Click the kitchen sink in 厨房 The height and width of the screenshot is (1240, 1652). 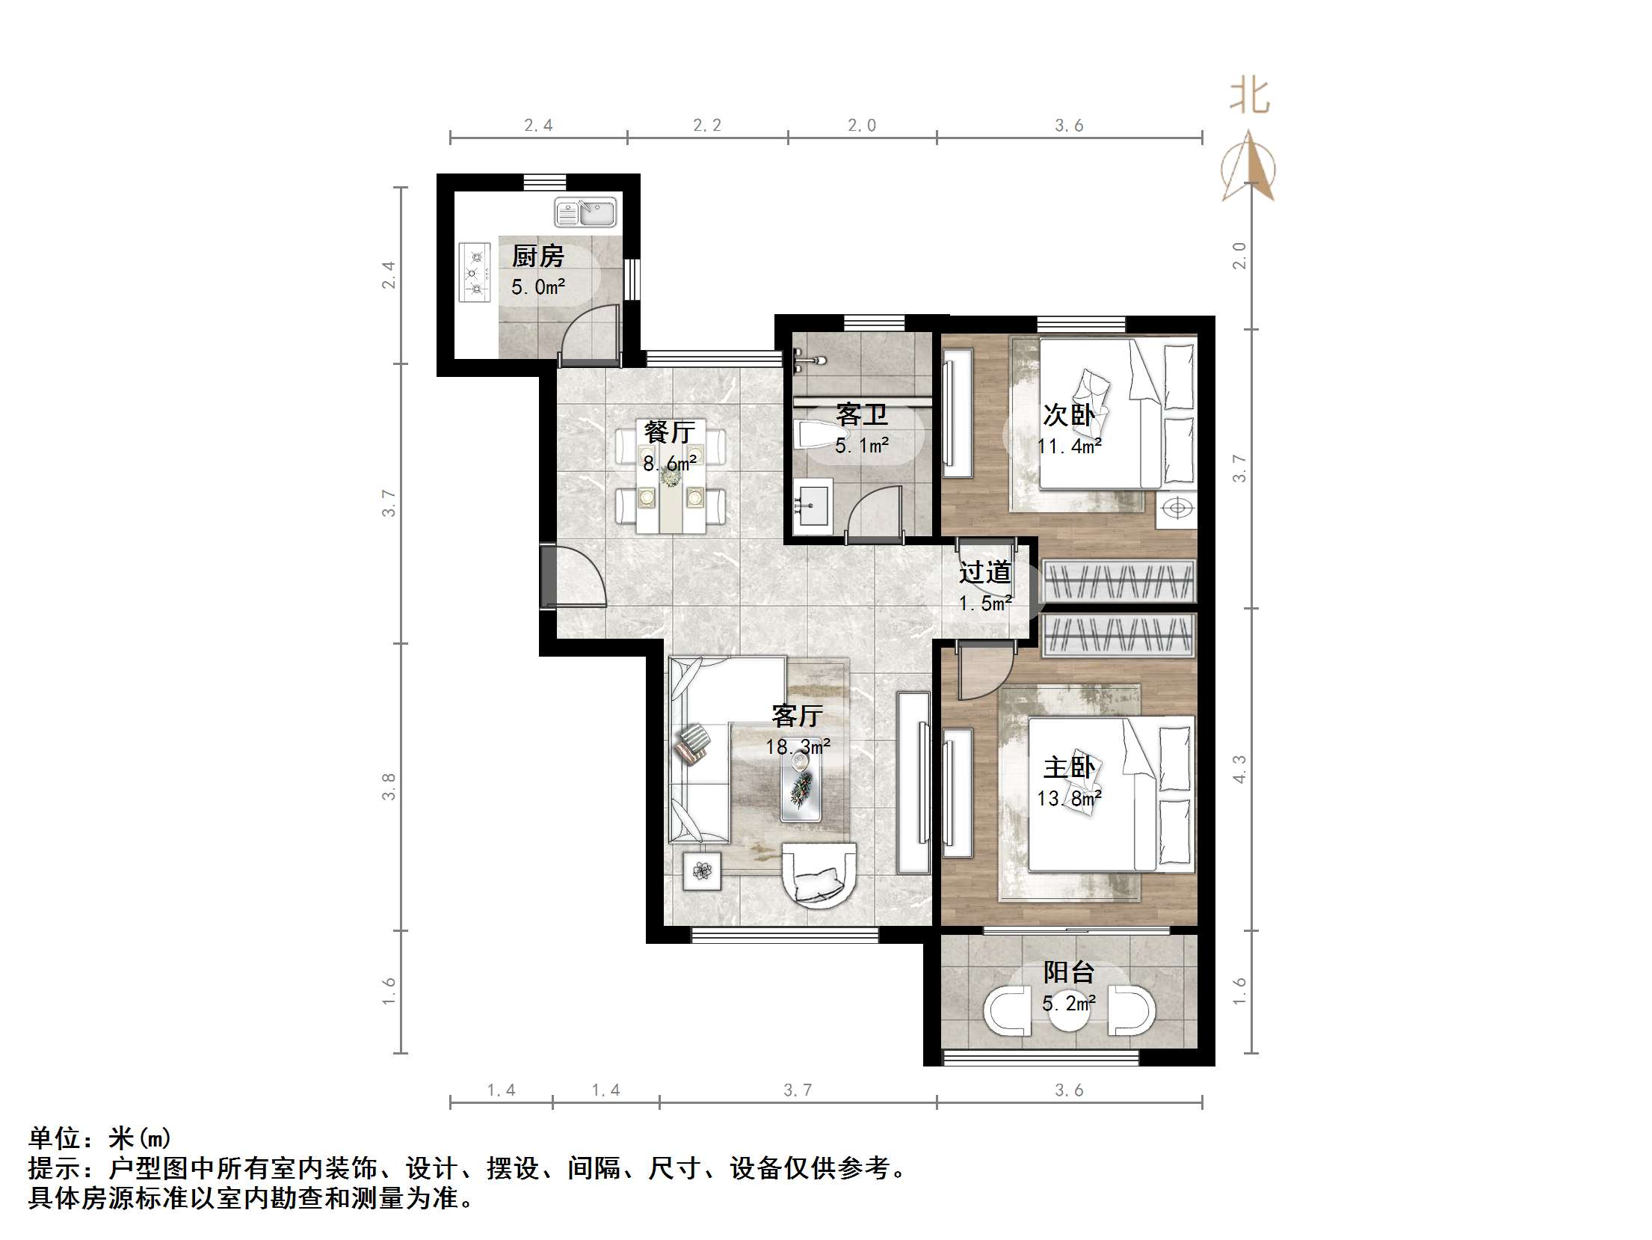coord(585,212)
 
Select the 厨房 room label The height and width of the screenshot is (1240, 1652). coord(537,257)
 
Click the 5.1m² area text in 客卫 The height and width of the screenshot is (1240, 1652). coord(862,446)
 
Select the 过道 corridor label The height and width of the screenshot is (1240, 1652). coord(985,573)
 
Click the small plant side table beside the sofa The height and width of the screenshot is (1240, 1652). coord(702,871)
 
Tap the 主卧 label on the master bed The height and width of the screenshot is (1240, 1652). coord(1069,767)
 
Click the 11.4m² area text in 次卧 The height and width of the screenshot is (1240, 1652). coord(1069,446)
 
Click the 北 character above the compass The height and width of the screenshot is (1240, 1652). coord(1249,97)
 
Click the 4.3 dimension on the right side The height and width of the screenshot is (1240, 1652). coord(1239,770)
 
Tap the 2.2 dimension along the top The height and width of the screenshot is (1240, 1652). coord(706,126)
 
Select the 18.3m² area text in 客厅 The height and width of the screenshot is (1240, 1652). coord(798,746)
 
